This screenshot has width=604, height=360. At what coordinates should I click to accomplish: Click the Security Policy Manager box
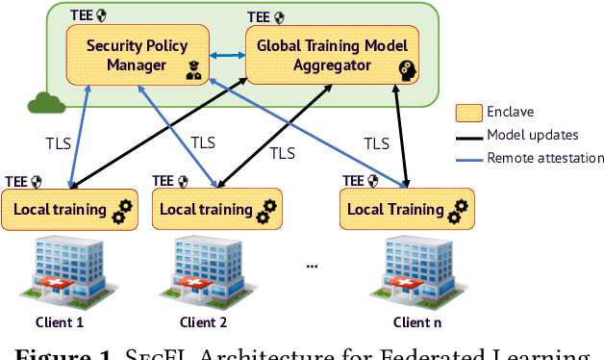[134, 56]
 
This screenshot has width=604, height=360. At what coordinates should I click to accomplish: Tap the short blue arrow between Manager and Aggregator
[226, 56]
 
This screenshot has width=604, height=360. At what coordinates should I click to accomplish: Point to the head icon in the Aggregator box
[407, 68]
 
